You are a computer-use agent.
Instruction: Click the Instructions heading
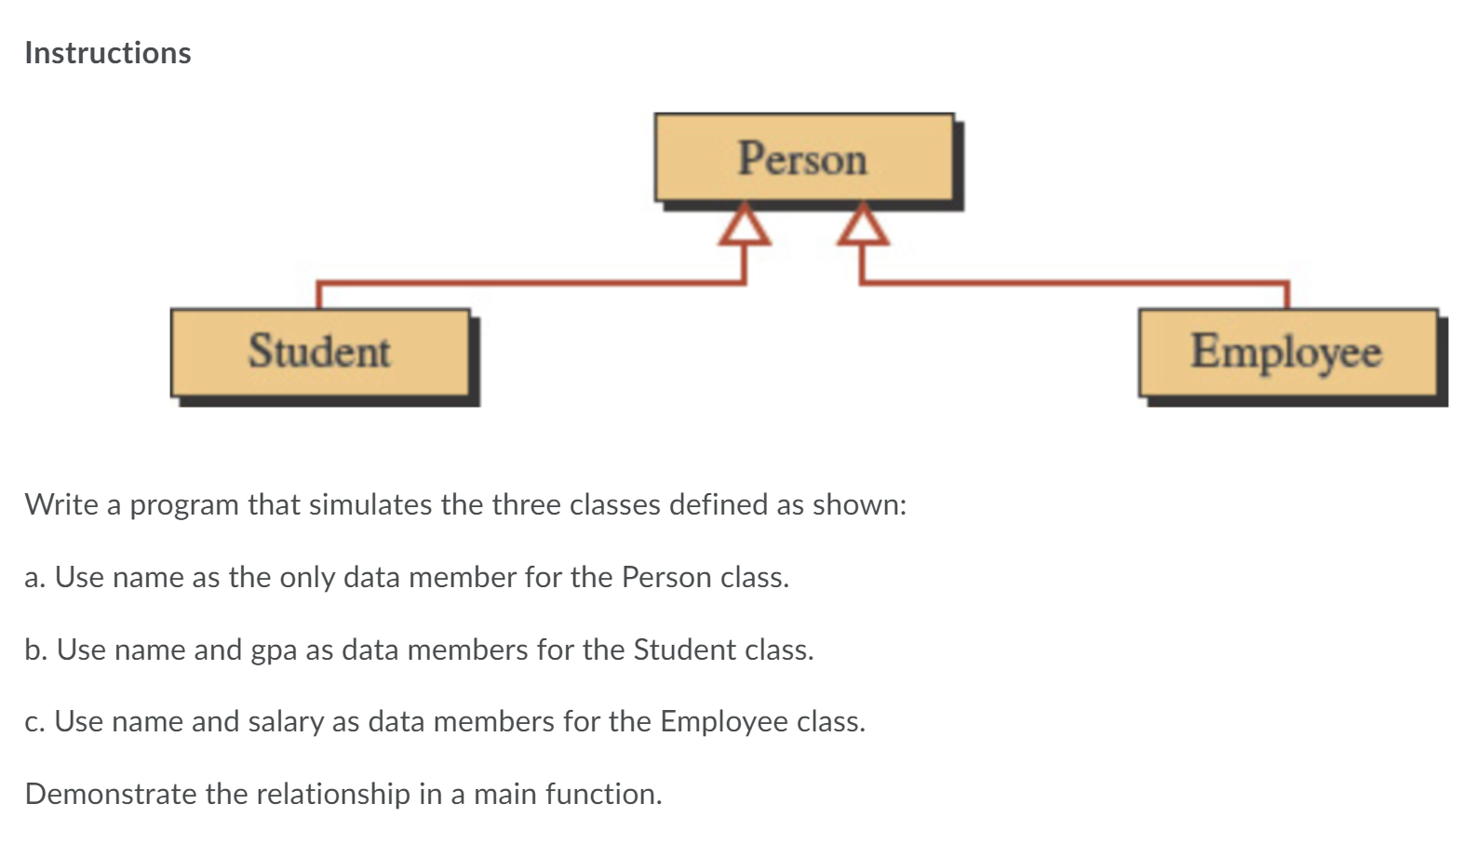pos(108,53)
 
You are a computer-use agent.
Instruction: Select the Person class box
pos(803,157)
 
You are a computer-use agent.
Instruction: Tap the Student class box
pos(320,352)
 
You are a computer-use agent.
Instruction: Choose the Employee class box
pos(1286,352)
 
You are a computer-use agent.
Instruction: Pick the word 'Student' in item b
pos(679,650)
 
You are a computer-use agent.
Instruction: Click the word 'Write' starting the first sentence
pos(61,504)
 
